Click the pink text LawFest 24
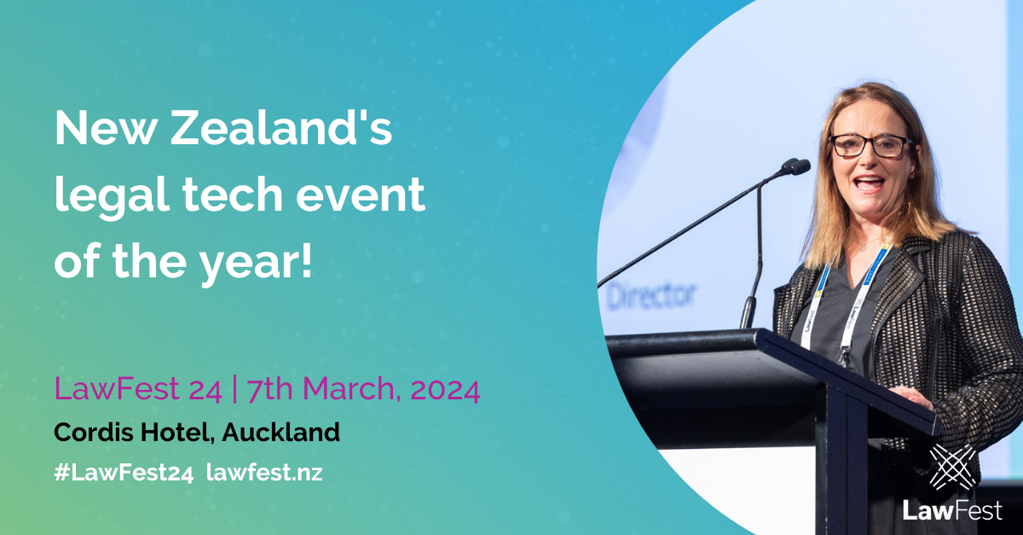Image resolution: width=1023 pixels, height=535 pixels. pos(138,389)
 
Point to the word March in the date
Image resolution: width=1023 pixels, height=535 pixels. pos(349,389)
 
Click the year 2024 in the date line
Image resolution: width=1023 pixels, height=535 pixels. pos(445,390)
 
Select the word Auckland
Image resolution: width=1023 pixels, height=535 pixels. pos(280,432)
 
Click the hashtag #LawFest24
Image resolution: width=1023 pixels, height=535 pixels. pos(124,473)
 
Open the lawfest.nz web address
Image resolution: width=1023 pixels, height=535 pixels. pos(264,473)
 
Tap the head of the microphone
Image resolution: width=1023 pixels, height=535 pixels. pos(796,166)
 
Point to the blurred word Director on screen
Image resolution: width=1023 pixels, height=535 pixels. pos(650,295)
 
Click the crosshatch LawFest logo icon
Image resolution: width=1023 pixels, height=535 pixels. pos(952,467)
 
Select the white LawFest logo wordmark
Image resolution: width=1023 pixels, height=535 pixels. pos(952,511)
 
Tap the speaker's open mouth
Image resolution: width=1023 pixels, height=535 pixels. pos(868,183)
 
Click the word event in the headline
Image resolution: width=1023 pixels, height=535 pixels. pos(361,195)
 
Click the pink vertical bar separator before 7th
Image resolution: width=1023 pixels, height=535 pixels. pos(234,389)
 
